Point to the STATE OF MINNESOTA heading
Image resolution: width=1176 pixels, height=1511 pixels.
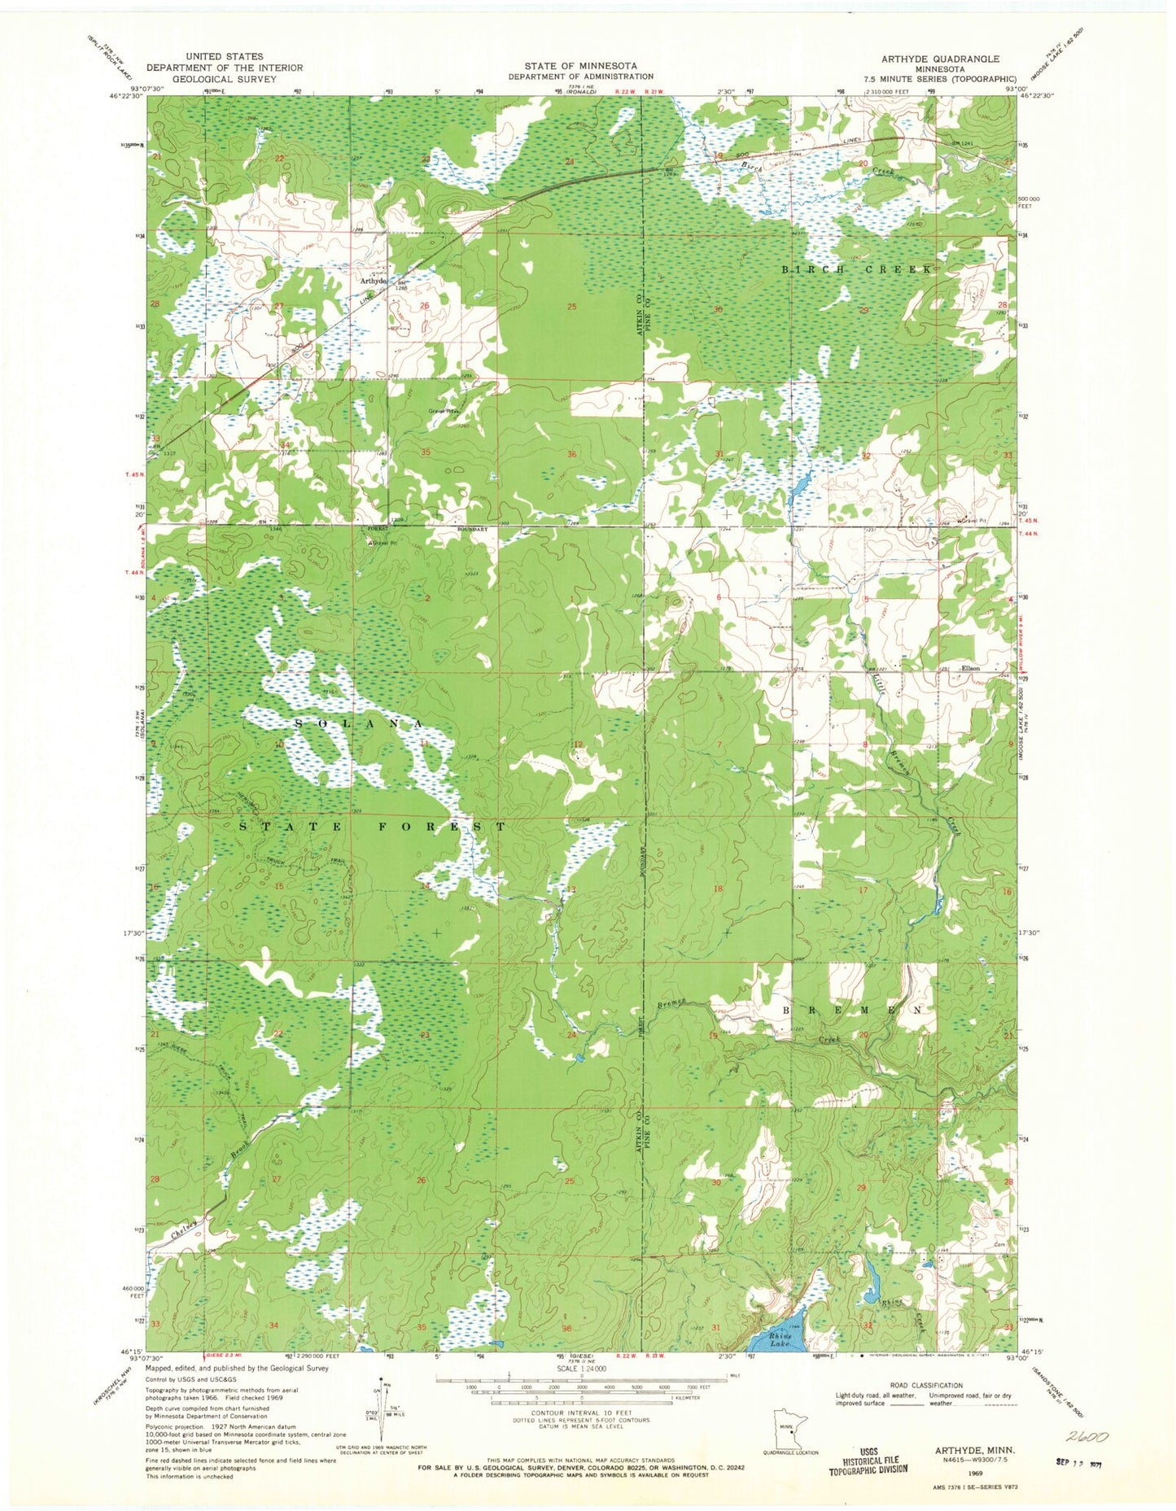click(x=580, y=65)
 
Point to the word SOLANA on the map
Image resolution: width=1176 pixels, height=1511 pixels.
click(x=357, y=723)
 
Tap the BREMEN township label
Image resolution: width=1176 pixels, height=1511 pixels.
click(x=855, y=1009)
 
